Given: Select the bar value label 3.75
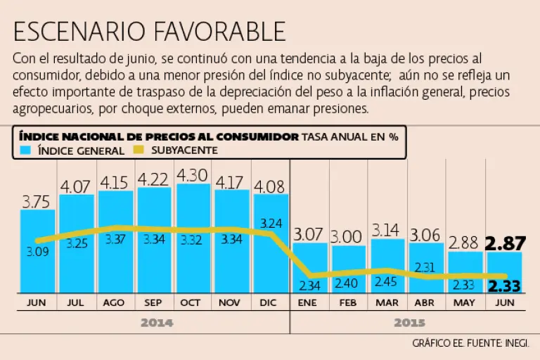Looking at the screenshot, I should tap(36, 202).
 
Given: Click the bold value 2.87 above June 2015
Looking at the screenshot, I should tap(504, 244).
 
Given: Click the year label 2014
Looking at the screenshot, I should tap(156, 323).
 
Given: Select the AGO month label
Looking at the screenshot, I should tap(115, 303).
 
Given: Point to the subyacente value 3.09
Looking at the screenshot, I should tap(38, 251).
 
